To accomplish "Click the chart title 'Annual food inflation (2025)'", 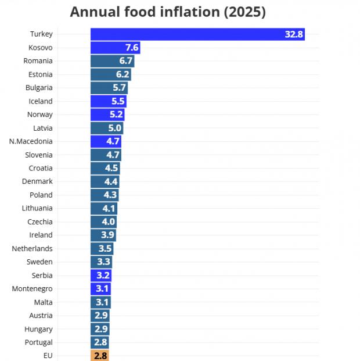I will [168, 12].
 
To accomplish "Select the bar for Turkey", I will [197, 34].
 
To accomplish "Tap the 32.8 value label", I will [294, 34].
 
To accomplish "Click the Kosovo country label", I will [41, 48].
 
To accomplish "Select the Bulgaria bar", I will [109, 88].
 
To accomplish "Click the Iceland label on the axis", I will [41, 101].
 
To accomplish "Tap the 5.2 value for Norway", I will [116, 115].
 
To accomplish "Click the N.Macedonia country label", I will [31, 141].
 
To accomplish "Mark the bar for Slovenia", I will [106, 155].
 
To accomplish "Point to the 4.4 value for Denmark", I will [111, 181].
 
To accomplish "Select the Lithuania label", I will [38, 208].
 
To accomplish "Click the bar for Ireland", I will [103, 235].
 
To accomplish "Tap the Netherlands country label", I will [33, 248].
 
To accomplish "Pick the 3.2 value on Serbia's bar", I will [103, 276].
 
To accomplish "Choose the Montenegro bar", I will [100, 289].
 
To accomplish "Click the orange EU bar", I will [99, 355].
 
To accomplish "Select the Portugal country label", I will [39, 342].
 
